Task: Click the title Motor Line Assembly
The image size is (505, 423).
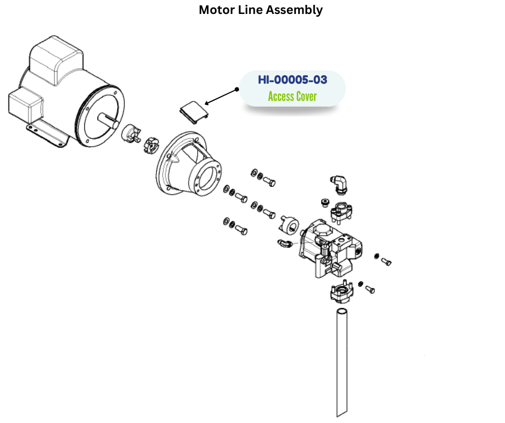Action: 261,10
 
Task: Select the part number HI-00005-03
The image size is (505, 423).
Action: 292,80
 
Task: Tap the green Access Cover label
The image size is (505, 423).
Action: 292,97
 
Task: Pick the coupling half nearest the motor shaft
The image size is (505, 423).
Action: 131,133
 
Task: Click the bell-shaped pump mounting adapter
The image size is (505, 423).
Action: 188,164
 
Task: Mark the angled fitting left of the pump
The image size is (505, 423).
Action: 285,245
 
